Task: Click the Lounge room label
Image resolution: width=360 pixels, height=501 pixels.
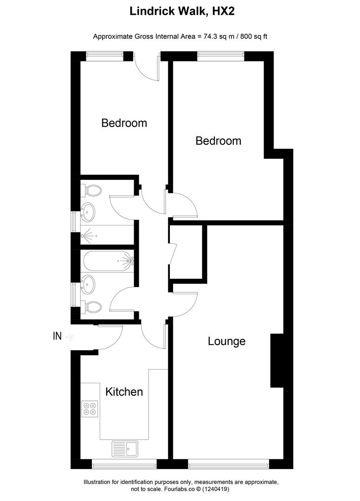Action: (226, 341)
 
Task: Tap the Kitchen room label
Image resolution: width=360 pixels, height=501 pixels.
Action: (124, 392)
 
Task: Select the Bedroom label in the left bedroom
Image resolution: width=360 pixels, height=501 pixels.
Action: (124, 123)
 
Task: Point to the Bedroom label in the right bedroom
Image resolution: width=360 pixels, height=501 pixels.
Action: (218, 141)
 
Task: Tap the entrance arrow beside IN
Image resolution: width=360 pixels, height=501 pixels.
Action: (69, 337)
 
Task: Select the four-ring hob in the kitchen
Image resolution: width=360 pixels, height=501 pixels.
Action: (90, 408)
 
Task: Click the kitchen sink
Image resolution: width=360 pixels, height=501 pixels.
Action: (124, 449)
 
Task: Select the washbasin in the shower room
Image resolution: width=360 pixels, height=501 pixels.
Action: (89, 212)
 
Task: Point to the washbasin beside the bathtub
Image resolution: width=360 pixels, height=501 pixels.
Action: (89, 284)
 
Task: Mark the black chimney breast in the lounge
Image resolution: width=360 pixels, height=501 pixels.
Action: (277, 360)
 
